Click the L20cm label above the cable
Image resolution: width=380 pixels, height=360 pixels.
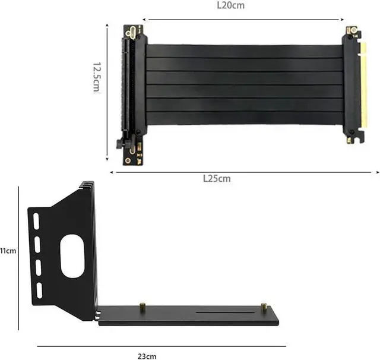tap(230, 5)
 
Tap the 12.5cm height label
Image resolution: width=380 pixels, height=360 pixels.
tap(97, 77)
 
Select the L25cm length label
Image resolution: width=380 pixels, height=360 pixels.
tap(216, 178)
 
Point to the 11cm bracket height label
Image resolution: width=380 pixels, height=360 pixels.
tap(8, 251)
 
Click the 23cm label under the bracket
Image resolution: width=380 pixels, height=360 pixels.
tap(147, 356)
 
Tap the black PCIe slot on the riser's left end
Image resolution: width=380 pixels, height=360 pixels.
tap(126, 86)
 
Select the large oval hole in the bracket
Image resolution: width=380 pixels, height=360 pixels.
tap(72, 255)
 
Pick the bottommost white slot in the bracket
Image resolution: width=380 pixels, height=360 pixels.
tap(40, 290)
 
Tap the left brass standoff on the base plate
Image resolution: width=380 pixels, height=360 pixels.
tap(142, 307)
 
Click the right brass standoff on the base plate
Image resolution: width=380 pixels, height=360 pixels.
tap(264, 307)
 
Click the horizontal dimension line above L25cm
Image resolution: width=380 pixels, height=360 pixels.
tap(243, 172)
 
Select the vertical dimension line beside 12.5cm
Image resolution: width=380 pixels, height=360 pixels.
tap(107, 92)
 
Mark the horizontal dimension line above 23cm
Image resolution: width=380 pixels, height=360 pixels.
tap(160, 346)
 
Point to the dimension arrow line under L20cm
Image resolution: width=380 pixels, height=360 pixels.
tap(243, 20)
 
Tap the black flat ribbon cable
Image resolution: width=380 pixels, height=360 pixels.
tap(243, 83)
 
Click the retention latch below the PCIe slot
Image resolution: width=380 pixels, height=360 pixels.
tap(121, 143)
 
